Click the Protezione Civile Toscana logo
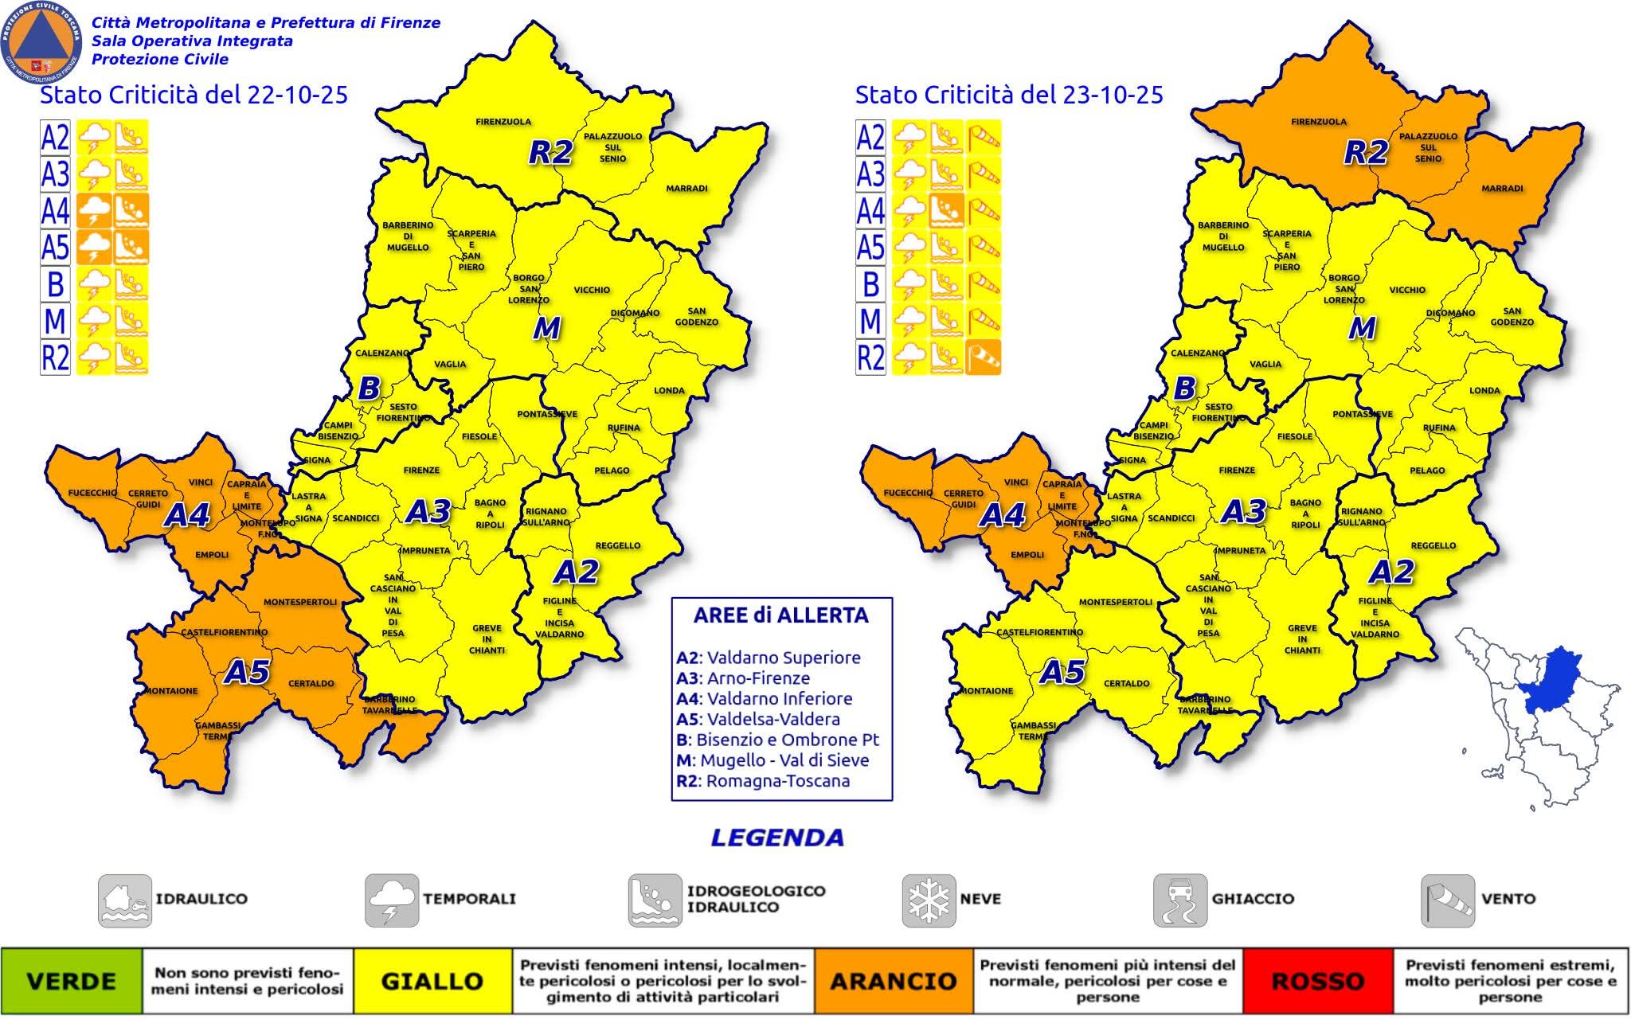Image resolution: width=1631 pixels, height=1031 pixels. (41, 41)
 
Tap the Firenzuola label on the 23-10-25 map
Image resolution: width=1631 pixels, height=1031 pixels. (1319, 122)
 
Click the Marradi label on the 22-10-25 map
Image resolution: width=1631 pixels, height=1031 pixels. (686, 189)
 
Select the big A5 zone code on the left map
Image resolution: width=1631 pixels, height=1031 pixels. (247, 673)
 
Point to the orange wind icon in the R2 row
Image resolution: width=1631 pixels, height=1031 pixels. (984, 357)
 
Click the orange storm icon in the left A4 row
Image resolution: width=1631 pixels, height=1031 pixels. (95, 211)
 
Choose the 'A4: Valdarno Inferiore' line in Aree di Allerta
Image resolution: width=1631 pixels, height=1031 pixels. (765, 698)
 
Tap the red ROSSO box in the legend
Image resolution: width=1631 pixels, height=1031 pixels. (1317, 981)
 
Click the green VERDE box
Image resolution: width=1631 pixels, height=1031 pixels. (72, 981)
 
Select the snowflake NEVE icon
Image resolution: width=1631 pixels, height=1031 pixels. (929, 900)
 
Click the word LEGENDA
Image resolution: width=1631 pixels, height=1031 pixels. (776, 838)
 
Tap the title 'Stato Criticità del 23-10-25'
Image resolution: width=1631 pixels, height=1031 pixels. (1008, 95)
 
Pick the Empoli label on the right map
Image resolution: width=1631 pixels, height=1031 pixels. (1027, 555)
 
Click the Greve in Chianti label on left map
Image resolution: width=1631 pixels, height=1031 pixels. (487, 639)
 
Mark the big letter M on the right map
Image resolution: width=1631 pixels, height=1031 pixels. (1362, 328)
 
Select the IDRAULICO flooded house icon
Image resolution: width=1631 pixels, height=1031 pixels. (124, 900)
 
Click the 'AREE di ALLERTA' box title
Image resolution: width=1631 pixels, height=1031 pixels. (780, 615)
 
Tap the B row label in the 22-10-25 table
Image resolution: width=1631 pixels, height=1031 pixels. (55, 284)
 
